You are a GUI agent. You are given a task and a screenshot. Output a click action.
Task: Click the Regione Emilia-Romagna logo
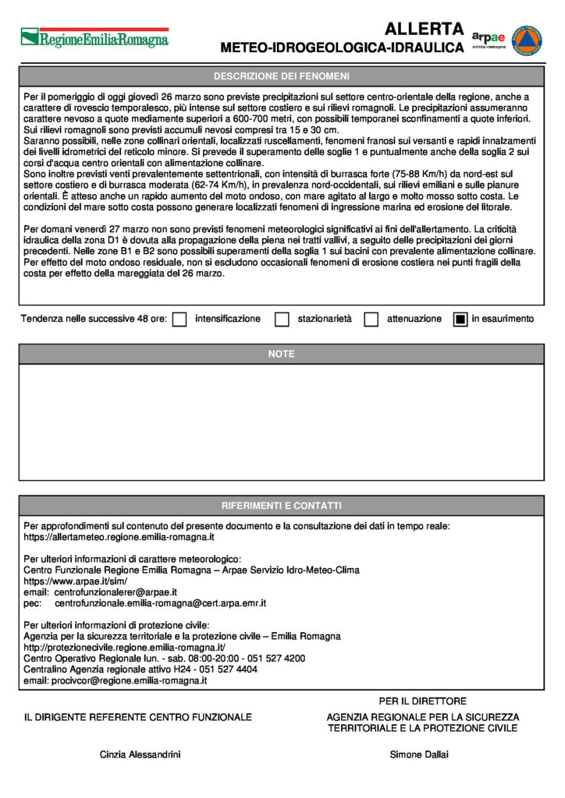click(x=94, y=37)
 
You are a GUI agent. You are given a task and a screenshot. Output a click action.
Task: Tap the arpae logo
click(x=489, y=39)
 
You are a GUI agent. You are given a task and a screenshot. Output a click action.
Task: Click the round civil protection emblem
click(x=529, y=39)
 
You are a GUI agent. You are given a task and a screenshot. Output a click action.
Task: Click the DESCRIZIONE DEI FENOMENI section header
click(x=282, y=76)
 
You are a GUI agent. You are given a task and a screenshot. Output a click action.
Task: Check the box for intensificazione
click(x=179, y=319)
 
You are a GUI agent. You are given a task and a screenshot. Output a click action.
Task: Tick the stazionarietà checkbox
click(x=282, y=319)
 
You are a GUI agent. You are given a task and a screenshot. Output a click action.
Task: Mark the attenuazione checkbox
click(x=371, y=319)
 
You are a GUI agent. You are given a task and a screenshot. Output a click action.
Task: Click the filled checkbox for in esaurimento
click(x=460, y=319)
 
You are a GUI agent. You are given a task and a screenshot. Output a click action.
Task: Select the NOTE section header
click(x=282, y=354)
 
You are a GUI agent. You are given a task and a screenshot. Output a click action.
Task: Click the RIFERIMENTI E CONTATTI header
click(x=282, y=506)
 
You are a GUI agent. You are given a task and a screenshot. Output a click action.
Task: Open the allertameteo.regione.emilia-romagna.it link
click(x=119, y=538)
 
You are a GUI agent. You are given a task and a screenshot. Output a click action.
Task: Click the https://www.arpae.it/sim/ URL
click(x=76, y=581)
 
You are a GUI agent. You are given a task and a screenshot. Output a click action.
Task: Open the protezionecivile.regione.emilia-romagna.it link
click(x=125, y=648)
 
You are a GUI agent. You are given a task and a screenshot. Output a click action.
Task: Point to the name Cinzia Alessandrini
click(x=140, y=754)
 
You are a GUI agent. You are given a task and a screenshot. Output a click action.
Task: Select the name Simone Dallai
click(x=419, y=754)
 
